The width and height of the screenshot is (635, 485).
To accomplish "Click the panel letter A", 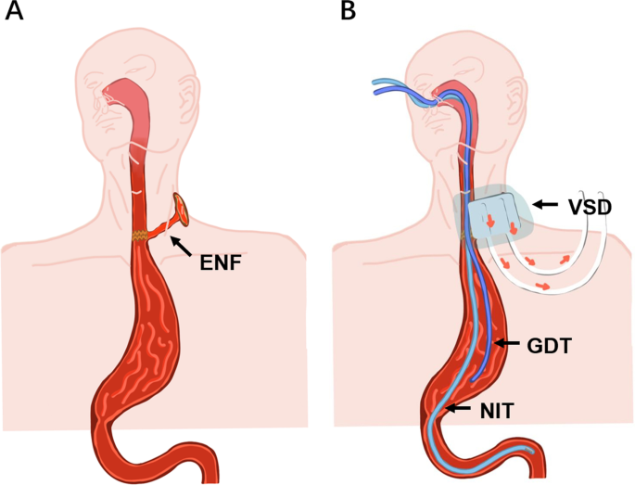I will (x=15, y=12).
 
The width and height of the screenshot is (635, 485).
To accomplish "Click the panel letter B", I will (x=348, y=12).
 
